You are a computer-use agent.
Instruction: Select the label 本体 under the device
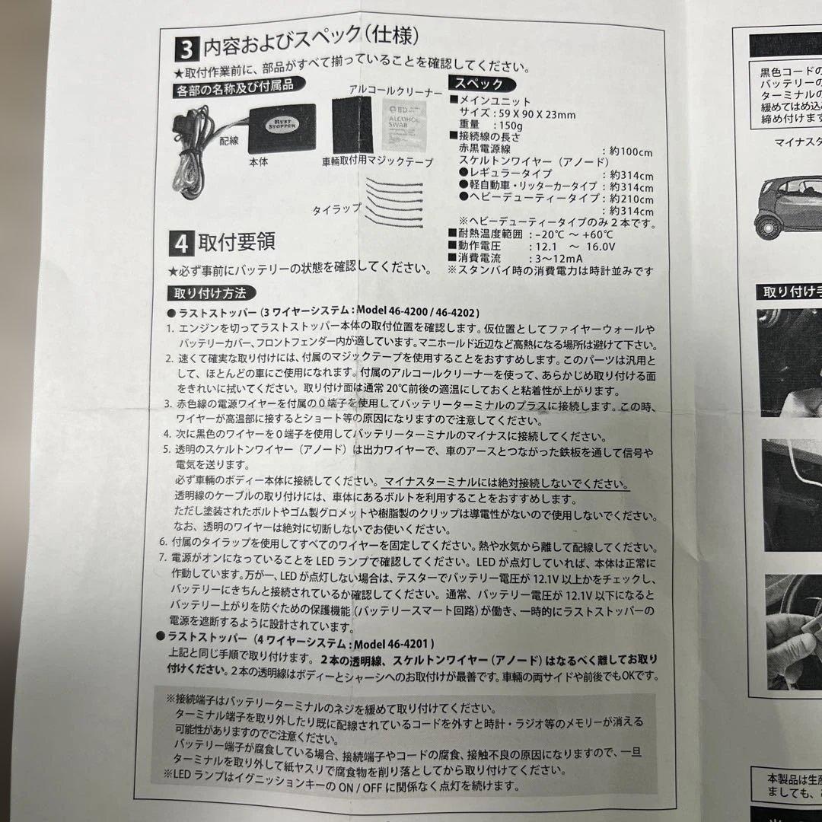257,162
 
